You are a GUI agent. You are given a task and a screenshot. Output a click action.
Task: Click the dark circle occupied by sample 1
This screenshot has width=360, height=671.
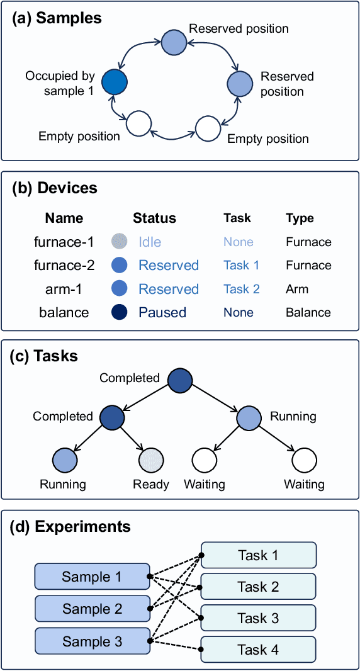[x=115, y=81]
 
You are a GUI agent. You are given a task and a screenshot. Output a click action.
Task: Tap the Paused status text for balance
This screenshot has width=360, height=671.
[x=162, y=312]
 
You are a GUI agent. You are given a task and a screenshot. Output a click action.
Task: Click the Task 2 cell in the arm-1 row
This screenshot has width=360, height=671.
[x=242, y=289]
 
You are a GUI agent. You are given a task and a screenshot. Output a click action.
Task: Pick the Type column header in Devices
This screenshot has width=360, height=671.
[x=300, y=218]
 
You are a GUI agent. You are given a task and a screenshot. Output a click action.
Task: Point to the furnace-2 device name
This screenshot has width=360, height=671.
[x=64, y=266]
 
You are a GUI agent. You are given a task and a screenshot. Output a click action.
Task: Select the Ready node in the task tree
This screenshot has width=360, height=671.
[x=151, y=460]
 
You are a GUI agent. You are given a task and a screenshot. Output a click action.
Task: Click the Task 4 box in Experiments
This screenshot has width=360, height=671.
[x=258, y=650]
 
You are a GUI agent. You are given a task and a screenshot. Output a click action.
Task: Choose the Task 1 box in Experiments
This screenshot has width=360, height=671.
[x=258, y=555]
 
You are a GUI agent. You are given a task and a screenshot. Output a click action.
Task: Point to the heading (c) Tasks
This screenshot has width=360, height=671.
[x=43, y=356]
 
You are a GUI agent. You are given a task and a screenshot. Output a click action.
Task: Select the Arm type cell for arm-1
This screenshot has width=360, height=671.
[x=297, y=289]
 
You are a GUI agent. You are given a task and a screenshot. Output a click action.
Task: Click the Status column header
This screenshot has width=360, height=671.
[x=155, y=218]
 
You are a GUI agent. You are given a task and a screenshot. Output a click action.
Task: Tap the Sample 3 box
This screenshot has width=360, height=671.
[x=92, y=641]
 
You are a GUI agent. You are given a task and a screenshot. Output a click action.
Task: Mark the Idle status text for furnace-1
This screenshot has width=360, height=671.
[x=150, y=242]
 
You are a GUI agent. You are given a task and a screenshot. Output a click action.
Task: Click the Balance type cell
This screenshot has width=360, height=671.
[x=308, y=312]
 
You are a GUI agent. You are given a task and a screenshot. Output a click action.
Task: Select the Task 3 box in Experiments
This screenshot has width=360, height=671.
[x=258, y=618]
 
